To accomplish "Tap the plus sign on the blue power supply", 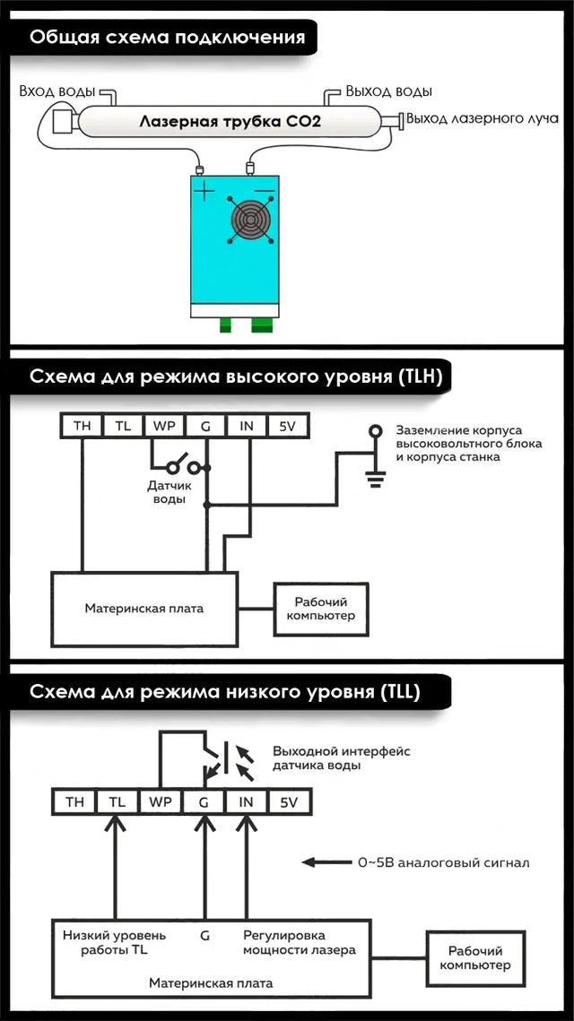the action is [x=204, y=192].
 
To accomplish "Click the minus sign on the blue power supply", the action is [x=263, y=190].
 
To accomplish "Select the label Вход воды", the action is [x=57, y=91].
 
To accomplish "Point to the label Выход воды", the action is [x=388, y=91].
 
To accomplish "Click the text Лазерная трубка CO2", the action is [x=230, y=122].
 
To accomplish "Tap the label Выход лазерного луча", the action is [x=483, y=119].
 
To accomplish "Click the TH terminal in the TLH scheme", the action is [x=83, y=427].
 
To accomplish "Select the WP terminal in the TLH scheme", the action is [x=164, y=427].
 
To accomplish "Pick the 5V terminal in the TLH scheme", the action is [x=287, y=427].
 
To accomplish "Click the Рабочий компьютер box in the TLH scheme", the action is [x=321, y=609].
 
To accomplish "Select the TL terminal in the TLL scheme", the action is [x=117, y=801].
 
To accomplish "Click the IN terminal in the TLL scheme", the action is [x=246, y=801].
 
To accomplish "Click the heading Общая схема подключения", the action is [x=168, y=37].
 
